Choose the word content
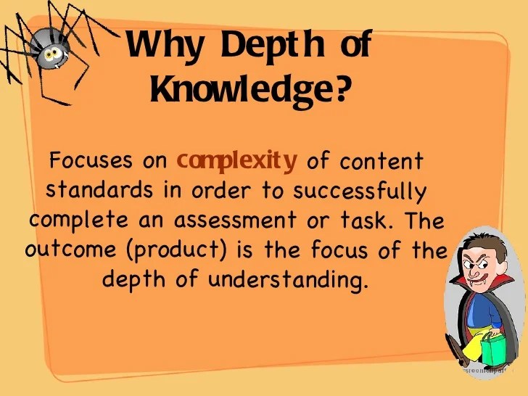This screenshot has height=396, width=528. [381, 160]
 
